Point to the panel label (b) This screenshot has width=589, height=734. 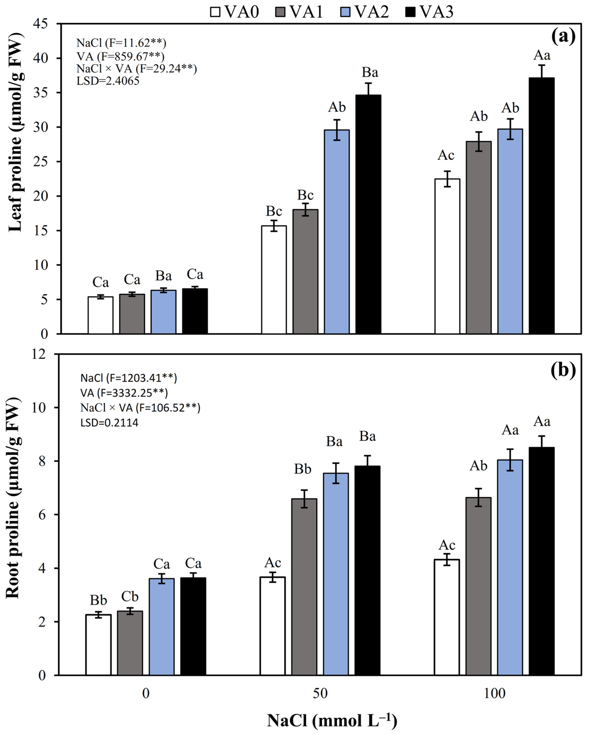[563, 370]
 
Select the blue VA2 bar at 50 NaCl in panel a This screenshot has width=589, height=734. [337, 232]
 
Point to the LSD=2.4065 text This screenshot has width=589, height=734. [108, 81]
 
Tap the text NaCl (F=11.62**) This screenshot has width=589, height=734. [121, 43]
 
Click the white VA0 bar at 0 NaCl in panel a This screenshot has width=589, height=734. [101, 315]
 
